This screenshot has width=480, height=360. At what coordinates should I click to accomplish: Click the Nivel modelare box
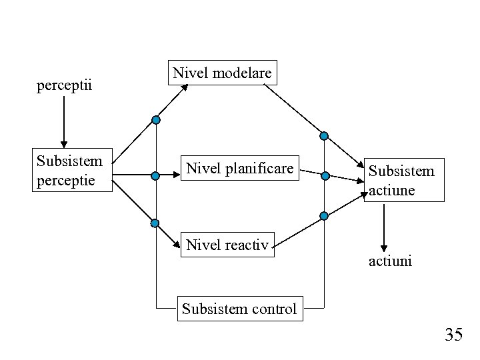[222, 73]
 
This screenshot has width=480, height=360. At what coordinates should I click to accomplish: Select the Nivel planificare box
[239, 169]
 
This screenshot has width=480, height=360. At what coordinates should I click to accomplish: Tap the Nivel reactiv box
[227, 245]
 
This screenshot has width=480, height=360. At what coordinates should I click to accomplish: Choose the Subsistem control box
[239, 309]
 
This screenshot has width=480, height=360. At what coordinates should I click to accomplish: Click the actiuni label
[391, 261]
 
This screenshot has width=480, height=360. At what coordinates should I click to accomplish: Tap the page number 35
[453, 335]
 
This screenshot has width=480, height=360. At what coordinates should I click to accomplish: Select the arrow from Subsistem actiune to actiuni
[384, 226]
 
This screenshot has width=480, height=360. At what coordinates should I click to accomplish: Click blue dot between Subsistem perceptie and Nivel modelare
[155, 120]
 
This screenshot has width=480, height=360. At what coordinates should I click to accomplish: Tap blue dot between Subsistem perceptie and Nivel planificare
[155, 177]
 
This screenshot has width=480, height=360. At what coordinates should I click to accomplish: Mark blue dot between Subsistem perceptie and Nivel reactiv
[155, 223]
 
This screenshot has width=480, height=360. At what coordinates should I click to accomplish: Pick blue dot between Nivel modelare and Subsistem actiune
[324, 136]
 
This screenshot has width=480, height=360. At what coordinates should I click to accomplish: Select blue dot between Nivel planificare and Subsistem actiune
[325, 177]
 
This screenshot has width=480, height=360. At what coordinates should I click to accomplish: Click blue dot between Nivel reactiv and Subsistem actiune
[324, 216]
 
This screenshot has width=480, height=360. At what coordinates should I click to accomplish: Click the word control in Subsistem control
[274, 309]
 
